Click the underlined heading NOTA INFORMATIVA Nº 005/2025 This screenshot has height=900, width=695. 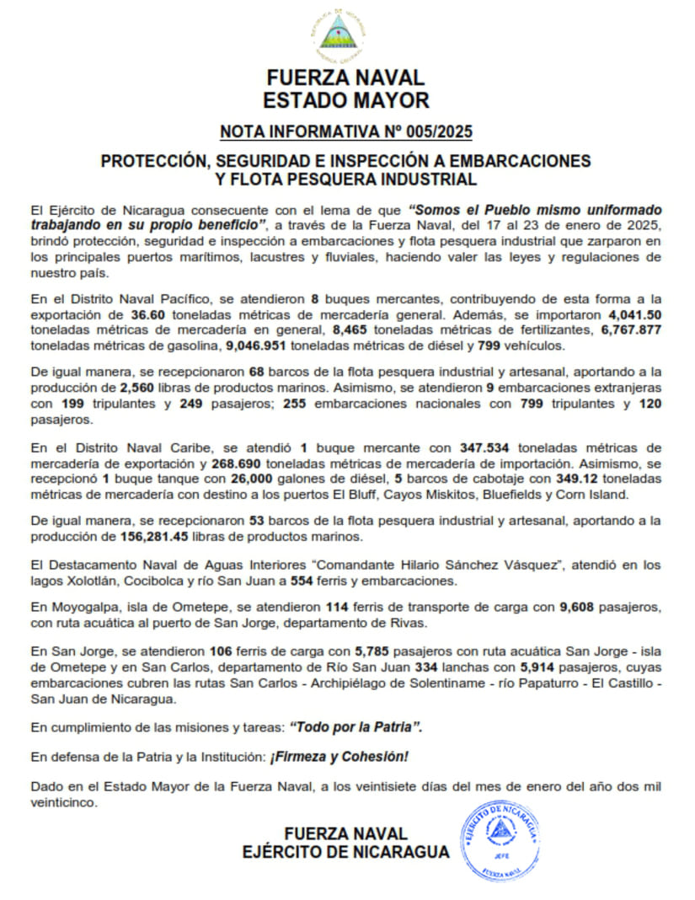coord(345,131)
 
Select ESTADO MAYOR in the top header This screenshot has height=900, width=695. coord(345,100)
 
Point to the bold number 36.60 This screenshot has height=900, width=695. coord(146,314)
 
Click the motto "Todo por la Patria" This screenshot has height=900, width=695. coord(355,726)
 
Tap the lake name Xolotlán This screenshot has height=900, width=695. coord(90,581)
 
